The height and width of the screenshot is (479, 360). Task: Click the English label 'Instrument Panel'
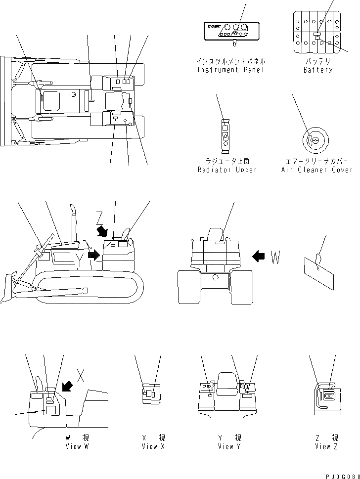230,70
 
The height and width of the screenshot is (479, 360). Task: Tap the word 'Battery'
317,70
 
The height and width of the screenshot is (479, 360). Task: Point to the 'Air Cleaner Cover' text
316,170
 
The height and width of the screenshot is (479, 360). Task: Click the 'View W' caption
77,446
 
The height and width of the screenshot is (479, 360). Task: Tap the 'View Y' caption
229,446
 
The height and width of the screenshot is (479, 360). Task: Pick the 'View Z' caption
326,446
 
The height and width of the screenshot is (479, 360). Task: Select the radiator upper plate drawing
225,134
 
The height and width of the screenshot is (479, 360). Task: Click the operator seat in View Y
226,384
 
